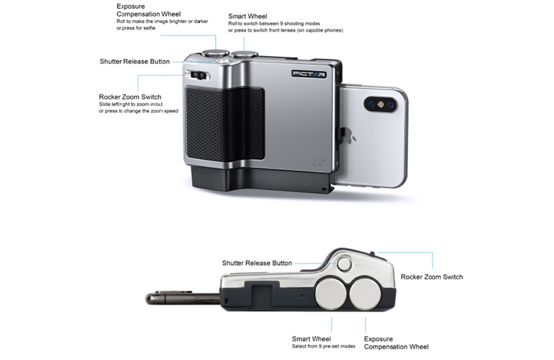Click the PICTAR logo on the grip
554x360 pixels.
pyautogui.click(x=309, y=73)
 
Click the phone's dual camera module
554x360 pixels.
pyautogui.click(x=381, y=104)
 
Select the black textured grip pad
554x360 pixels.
pyautogui.click(x=225, y=122)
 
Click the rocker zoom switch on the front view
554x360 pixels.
pyautogui.click(x=198, y=75)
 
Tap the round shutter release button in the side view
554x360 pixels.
pyautogui.click(x=344, y=264)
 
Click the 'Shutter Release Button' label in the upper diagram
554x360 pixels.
pyautogui.click(x=135, y=61)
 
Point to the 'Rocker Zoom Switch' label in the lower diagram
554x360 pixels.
pyautogui.click(x=432, y=277)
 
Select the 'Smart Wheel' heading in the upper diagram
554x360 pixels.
pyautogui.click(x=248, y=17)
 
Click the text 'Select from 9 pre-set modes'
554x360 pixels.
pyautogui.click(x=323, y=346)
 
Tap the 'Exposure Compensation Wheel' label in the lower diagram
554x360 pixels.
pyautogui.click(x=396, y=343)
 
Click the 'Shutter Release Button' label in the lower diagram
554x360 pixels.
pyautogui.click(x=257, y=263)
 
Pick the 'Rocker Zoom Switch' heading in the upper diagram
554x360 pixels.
pyautogui.click(x=130, y=97)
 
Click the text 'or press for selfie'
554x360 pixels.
pyautogui.click(x=136, y=28)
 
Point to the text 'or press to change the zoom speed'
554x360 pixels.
pyautogui.click(x=138, y=111)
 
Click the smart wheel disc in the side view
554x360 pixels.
pyautogui.click(x=331, y=294)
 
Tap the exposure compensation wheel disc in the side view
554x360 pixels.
pyautogui.click(x=365, y=294)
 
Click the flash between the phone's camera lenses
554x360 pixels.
pyautogui.click(x=381, y=104)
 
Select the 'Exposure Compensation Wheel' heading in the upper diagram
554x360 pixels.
pyautogui.click(x=148, y=10)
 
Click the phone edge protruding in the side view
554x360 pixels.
pyautogui.click(x=183, y=298)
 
